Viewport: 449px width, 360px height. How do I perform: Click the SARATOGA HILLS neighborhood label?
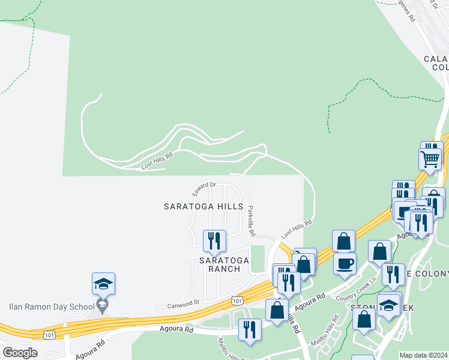(x=203, y=206)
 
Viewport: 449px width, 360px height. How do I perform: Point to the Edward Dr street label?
(x=203, y=189)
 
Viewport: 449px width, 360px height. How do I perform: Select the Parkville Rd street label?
(x=252, y=220)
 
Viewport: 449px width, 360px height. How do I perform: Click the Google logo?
(x=20, y=352)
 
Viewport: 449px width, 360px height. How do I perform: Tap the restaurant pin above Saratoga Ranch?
(x=214, y=241)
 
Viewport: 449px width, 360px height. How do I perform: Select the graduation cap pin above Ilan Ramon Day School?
(x=103, y=284)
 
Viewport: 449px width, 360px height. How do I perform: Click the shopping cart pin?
(x=430, y=160)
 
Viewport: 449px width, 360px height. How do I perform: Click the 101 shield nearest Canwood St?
(x=238, y=299)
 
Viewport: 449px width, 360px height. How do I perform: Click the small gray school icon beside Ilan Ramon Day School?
(x=103, y=307)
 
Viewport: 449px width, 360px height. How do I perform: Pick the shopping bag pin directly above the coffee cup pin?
(x=343, y=241)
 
